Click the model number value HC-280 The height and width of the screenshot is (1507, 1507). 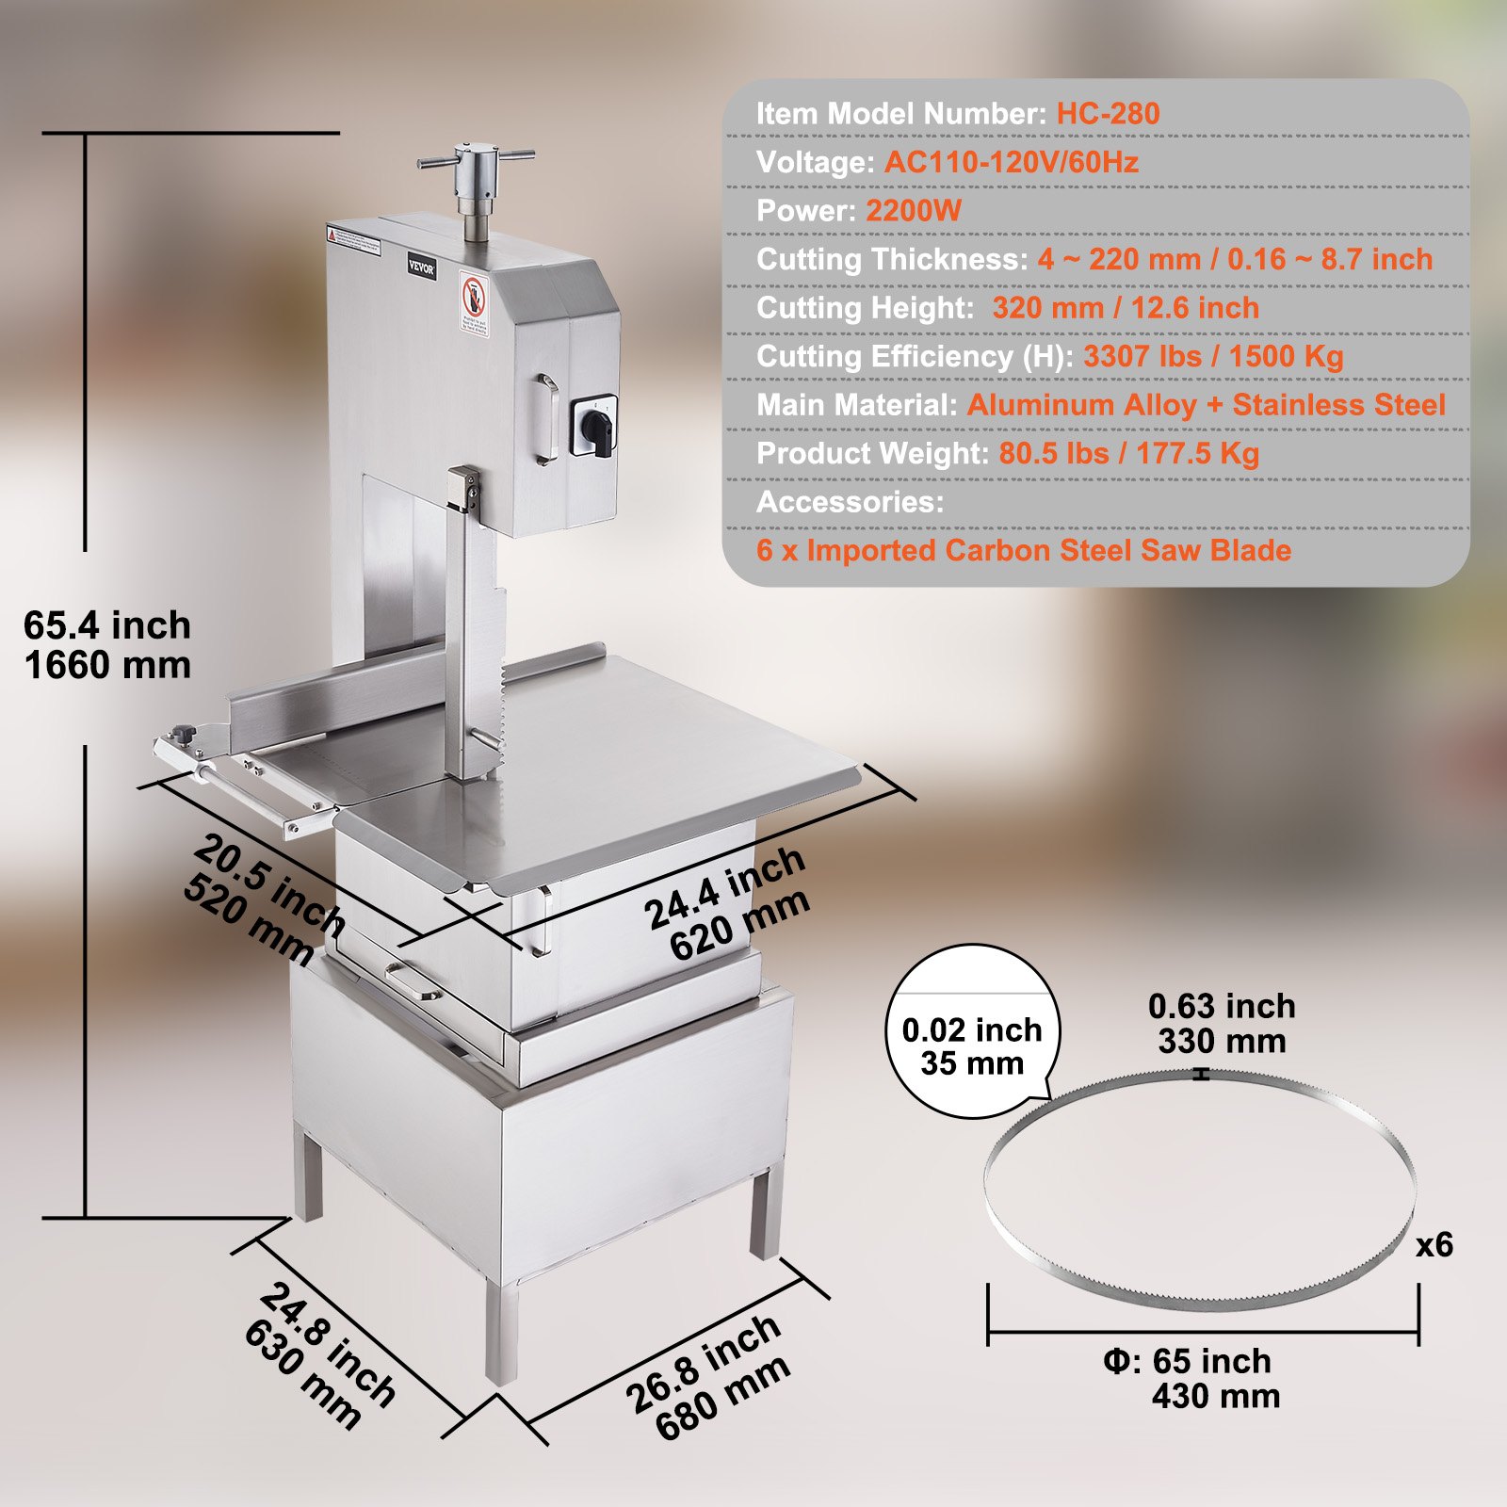coord(1108,114)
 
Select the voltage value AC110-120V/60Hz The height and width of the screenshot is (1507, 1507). coord(1011,163)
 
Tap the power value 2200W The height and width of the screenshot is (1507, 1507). coord(913,211)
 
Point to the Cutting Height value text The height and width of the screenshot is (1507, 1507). coord(1126,308)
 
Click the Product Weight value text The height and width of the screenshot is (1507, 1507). coord(1128,454)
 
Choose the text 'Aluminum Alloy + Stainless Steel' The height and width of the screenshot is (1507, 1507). coord(1206,405)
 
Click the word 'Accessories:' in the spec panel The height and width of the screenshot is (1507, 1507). coord(850,502)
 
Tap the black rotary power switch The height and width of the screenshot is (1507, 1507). coord(594,426)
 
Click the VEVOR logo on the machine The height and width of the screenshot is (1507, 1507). coord(421,267)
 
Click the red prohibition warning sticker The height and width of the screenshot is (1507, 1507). coord(473,301)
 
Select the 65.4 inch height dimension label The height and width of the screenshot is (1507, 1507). coord(107,626)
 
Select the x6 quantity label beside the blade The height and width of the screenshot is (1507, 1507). coord(1434,1245)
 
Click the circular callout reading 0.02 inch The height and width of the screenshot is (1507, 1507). coord(972,1031)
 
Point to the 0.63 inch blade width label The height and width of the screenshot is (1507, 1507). coord(1222,1007)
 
